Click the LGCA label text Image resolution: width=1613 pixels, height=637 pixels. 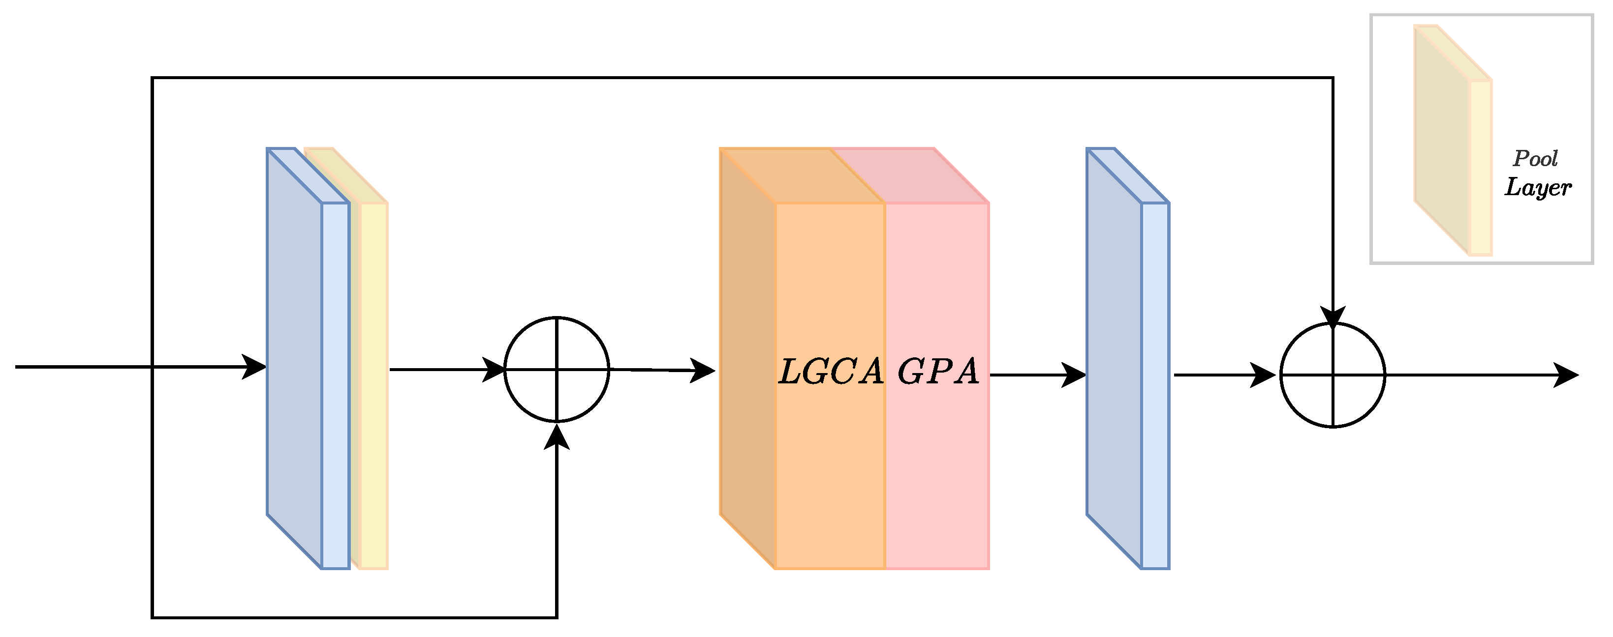(x=830, y=372)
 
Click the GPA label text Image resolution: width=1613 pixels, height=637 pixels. (x=938, y=372)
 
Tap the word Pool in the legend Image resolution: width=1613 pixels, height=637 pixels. (x=1535, y=159)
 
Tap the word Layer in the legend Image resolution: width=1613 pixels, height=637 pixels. (x=1538, y=187)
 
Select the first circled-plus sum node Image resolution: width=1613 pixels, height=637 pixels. (x=557, y=369)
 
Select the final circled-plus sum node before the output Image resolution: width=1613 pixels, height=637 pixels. (x=1333, y=376)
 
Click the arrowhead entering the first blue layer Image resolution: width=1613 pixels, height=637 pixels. (x=255, y=367)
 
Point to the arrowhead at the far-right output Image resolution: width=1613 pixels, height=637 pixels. (x=1567, y=376)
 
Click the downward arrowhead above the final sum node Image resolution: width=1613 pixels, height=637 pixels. (x=1333, y=317)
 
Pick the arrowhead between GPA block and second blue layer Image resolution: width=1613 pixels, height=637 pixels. (x=1075, y=376)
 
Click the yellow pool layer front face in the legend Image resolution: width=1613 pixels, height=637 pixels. (x=1480, y=167)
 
